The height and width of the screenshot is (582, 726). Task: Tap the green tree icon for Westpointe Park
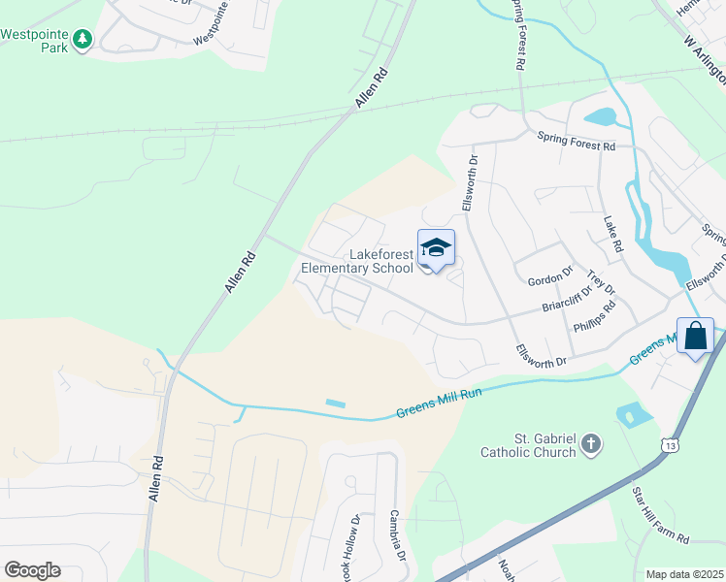click(84, 39)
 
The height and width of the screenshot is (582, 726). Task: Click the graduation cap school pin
click(436, 248)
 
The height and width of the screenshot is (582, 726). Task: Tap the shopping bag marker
click(695, 337)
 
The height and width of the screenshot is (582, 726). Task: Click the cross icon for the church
click(591, 445)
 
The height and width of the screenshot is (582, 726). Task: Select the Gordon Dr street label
click(550, 279)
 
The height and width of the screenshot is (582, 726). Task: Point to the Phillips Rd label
click(594, 317)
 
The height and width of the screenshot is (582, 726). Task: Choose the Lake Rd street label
click(612, 236)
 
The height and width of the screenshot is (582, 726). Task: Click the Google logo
click(32, 569)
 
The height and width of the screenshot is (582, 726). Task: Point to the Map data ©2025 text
click(684, 574)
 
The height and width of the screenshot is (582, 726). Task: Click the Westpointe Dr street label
click(219, 36)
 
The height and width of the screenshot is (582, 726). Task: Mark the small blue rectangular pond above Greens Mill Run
click(335, 403)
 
